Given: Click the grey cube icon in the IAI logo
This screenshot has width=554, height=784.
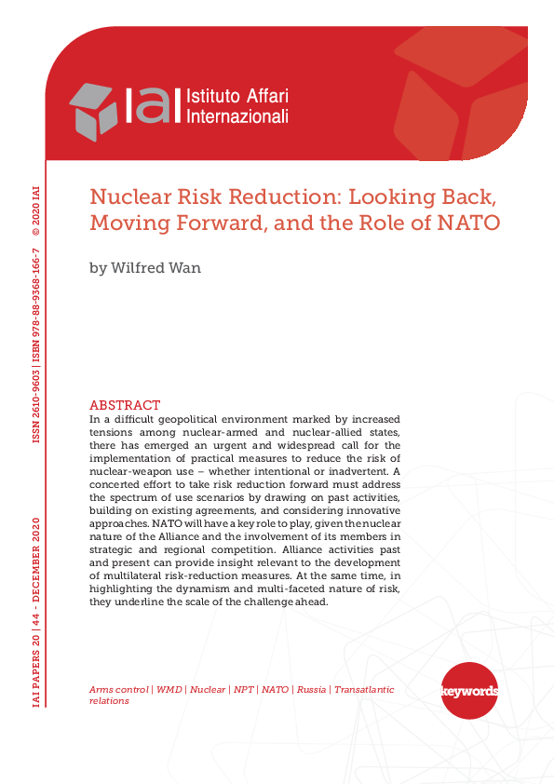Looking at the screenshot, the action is point(94,111).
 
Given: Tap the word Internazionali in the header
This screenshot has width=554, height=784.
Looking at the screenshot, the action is point(237,116).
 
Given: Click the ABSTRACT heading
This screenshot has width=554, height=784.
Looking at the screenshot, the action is point(125,405).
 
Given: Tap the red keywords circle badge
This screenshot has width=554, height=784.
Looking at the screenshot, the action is point(468,691).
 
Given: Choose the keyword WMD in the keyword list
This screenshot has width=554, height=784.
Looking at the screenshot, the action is point(169,689).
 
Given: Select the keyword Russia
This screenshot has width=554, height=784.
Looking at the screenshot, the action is point(311,689).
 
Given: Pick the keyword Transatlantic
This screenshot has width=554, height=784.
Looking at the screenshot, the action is point(364,689).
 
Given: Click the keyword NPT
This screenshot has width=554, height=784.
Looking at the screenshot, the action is point(243,689).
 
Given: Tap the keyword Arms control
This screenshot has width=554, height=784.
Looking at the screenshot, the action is point(118,689).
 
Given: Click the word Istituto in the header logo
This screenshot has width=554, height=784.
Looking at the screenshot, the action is point(213,96).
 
